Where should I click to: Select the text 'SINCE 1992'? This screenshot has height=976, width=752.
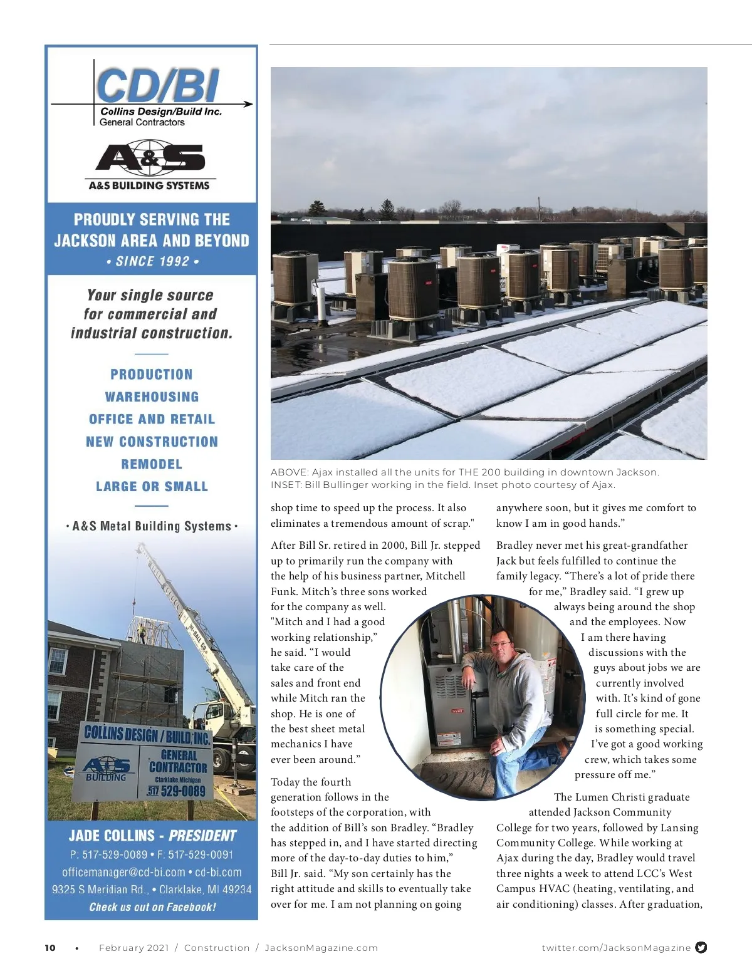coord(152,261)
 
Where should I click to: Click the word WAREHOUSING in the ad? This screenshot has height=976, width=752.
coord(152,397)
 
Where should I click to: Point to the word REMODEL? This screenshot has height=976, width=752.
coord(152,464)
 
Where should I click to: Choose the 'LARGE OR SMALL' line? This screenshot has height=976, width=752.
coord(152,487)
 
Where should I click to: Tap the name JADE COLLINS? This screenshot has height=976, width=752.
coord(111,836)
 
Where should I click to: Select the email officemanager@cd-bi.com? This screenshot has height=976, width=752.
coord(123,872)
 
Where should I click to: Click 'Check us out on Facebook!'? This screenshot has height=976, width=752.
coord(152,906)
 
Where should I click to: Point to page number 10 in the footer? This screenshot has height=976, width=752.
coord(50,948)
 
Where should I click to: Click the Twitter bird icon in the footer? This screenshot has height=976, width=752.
coord(701,947)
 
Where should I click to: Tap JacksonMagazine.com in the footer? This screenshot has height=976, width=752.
coord(321,948)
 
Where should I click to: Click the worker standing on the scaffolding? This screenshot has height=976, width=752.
coord(142,631)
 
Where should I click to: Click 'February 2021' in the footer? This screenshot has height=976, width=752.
coord(134,948)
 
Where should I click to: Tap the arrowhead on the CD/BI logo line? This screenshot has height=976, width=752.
coord(249,104)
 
